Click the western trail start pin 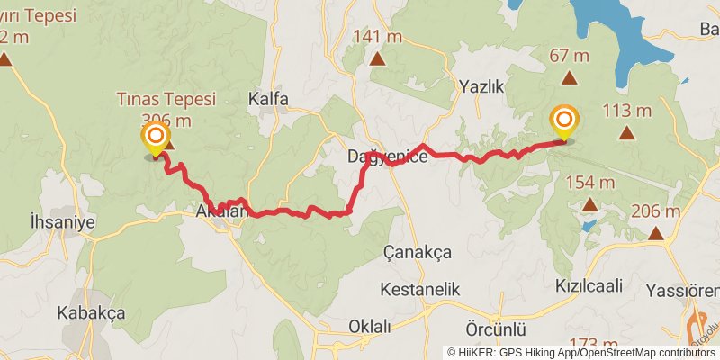click(x=156, y=137)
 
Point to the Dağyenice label click(x=387, y=157)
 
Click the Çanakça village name click(x=418, y=252)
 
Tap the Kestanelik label click(x=420, y=290)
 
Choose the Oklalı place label click(x=370, y=326)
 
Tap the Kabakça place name click(x=91, y=312)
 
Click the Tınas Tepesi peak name click(x=166, y=100)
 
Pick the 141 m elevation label click(x=378, y=37)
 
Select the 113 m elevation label click(x=626, y=112)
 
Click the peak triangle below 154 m click(x=589, y=204)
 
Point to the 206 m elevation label click(x=655, y=212)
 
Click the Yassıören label click(x=683, y=291)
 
